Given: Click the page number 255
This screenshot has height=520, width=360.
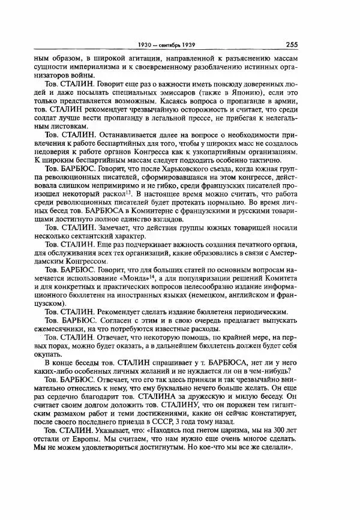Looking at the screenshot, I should coord(292,44).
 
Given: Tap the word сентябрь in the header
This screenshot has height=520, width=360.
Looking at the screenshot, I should coord(179,44).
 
